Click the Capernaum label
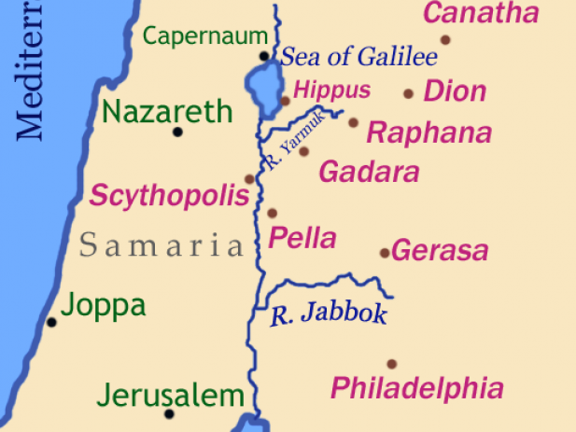205,36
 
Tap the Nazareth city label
167,113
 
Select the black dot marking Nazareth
177,132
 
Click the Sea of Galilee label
359,57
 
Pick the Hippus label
331,91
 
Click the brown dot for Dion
408,93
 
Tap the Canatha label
481,14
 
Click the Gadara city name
369,173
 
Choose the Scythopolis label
169,197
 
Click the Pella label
302,238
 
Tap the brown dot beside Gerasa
384,253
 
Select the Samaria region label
161,246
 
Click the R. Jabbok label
328,314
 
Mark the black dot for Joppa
52,322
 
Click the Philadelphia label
417,388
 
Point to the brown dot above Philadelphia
391,364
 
